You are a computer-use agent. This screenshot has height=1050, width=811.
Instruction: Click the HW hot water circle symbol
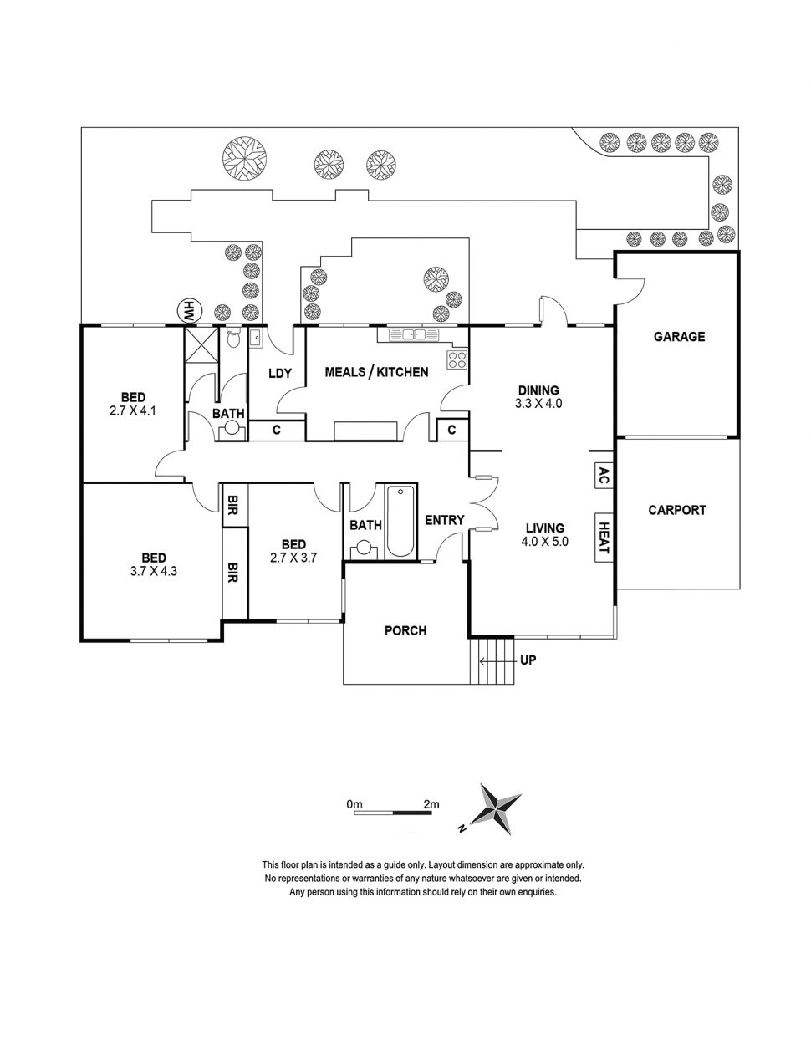tap(189, 310)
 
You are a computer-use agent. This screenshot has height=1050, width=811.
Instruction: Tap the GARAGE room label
tap(678, 337)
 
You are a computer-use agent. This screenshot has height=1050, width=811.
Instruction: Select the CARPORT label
tap(677, 510)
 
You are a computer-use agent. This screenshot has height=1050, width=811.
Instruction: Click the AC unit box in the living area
tap(603, 476)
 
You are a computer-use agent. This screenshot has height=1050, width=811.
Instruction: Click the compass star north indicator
tap(496, 808)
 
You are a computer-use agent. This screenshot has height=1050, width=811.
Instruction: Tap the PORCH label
tap(405, 630)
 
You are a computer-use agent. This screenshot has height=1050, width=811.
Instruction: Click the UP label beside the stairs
tap(528, 660)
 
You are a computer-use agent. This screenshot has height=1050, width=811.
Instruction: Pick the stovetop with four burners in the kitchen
tap(457, 360)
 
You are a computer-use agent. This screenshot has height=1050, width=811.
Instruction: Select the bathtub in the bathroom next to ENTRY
tap(400, 521)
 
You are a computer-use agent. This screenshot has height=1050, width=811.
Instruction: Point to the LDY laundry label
tap(279, 373)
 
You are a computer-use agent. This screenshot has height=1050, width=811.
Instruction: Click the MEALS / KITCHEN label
tap(376, 372)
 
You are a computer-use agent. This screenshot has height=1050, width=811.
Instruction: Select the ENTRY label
tap(444, 520)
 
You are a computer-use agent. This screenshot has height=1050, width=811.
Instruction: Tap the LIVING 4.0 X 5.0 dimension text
tap(544, 542)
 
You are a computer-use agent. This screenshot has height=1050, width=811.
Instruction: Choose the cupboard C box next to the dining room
tap(451, 430)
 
